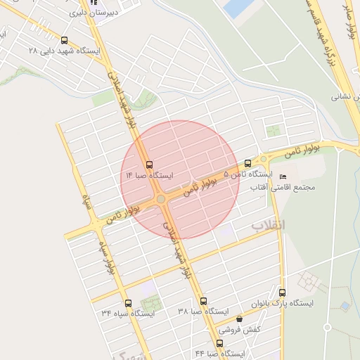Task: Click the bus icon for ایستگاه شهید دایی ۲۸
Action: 65,40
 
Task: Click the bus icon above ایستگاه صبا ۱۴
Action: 148,164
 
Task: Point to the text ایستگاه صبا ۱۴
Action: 148,174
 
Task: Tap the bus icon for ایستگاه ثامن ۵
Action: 247,163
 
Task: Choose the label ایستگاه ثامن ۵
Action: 247,174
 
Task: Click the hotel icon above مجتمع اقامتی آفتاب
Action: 283,176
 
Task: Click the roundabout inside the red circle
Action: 161,200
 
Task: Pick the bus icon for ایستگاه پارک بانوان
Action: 282,292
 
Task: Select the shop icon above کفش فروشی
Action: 240,319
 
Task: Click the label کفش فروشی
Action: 239,329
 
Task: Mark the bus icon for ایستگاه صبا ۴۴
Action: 219,343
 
